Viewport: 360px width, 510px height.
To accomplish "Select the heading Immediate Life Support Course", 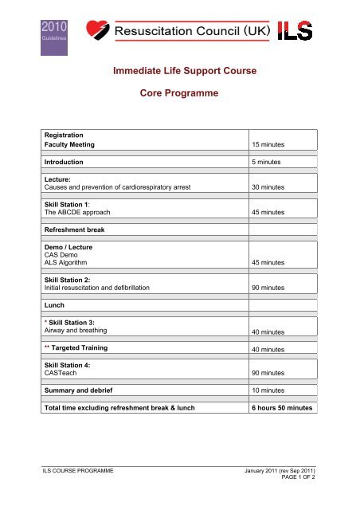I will click(180, 73).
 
